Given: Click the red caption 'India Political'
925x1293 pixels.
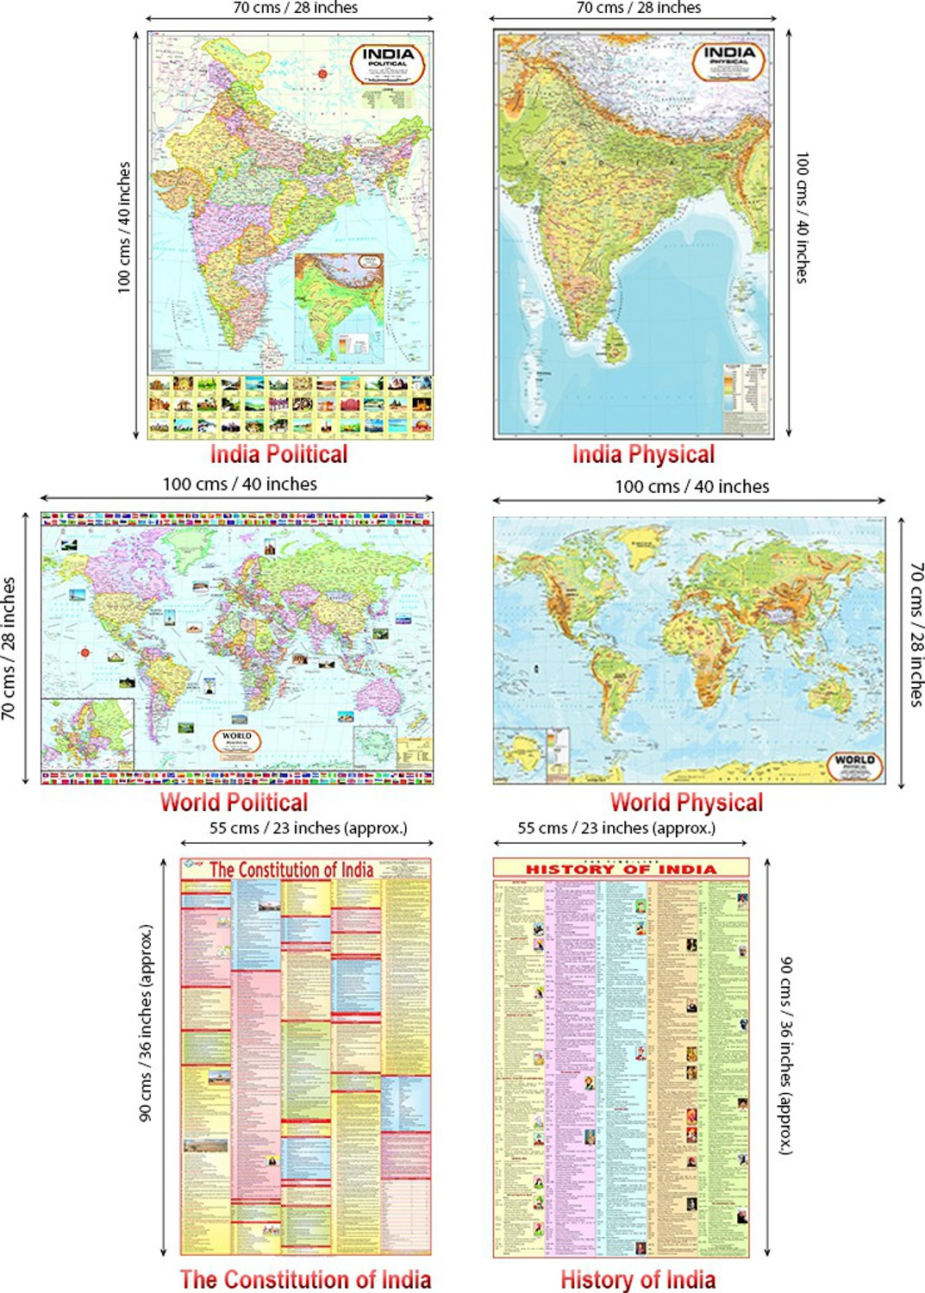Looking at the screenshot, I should pos(278,454).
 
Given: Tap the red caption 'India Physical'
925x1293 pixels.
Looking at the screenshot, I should pos(643,454).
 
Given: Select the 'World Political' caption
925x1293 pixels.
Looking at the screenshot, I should pos(234,803).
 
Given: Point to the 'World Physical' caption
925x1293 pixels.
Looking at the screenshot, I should pos(686,803).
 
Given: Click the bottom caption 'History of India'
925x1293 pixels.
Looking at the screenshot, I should pos(638,1279).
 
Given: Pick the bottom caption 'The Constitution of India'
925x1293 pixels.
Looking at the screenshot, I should pos(305,1279).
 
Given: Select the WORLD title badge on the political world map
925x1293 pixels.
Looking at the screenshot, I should pos(236,740).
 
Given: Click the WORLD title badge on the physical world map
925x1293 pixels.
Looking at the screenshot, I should pos(854,764).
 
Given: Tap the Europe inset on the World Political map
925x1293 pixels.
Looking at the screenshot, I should pos(88,734).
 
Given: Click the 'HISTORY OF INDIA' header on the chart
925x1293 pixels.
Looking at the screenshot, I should pos(621,869).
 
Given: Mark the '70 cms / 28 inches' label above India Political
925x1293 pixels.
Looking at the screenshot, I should pos(295,8).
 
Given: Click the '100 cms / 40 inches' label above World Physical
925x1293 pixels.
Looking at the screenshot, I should pos(691,486).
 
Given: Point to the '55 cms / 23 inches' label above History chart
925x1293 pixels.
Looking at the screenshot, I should pos(616,828).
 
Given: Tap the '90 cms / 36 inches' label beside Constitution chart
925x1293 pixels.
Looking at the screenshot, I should pos(146,1023).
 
